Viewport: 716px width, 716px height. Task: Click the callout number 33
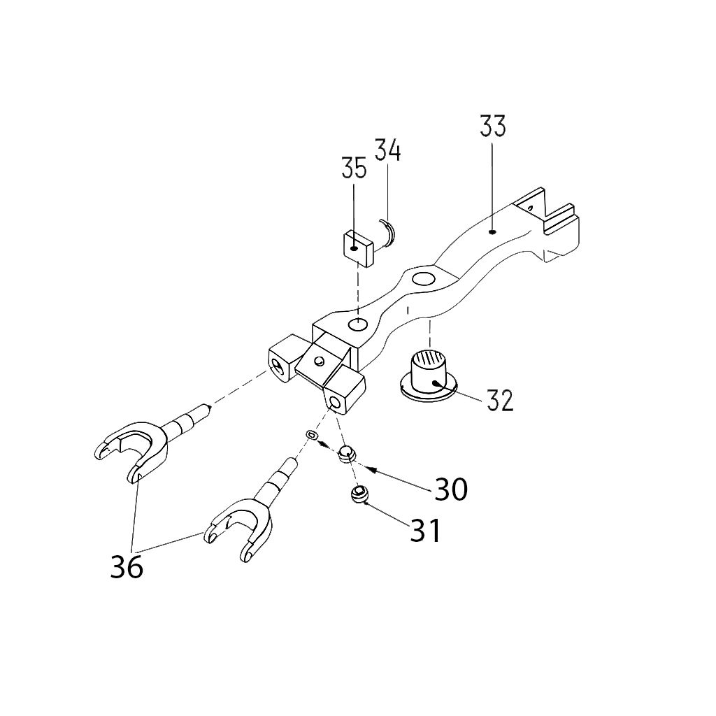coord(492,127)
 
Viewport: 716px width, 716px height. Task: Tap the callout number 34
coord(387,150)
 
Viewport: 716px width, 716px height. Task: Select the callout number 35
coord(354,169)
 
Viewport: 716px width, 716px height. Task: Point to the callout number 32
coord(500,400)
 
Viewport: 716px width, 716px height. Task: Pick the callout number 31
coord(425,531)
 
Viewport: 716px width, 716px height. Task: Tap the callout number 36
coord(127,566)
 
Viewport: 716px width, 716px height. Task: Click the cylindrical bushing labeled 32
coord(429,374)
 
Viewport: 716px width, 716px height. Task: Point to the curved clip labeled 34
coord(387,233)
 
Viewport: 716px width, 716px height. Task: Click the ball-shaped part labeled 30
coord(346,453)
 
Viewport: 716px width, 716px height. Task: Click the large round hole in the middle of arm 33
coord(423,280)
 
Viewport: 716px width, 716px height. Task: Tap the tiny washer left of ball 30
coord(312,436)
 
